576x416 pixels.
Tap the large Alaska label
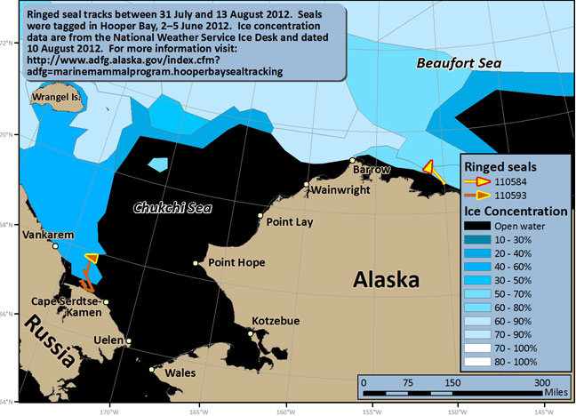[386, 282]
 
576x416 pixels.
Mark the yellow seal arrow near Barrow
[430, 170]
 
